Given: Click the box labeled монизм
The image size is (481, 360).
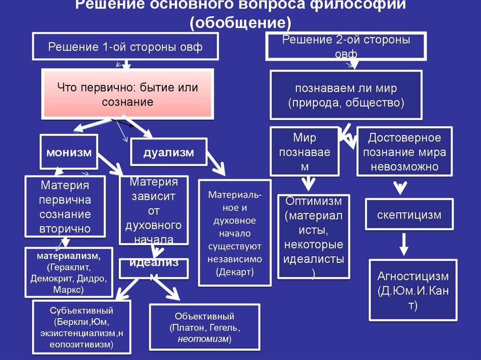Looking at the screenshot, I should [x=69, y=152].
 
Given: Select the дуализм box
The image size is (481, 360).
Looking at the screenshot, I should [x=169, y=152].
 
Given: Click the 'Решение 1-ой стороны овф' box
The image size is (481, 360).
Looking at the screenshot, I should [x=126, y=47].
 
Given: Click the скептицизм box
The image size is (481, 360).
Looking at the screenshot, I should [x=409, y=215].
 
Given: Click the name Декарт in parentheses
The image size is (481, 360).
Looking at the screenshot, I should [x=234, y=272].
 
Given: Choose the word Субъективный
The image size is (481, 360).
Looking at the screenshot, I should [x=82, y=311].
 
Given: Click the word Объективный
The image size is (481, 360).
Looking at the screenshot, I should [x=204, y=316].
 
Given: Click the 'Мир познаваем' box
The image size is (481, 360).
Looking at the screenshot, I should [x=305, y=152].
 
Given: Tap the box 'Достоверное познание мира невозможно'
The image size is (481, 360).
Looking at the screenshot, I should [x=404, y=152].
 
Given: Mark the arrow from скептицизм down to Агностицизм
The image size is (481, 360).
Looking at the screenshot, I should [x=403, y=244].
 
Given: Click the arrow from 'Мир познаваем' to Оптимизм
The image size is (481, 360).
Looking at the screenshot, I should [x=308, y=183].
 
